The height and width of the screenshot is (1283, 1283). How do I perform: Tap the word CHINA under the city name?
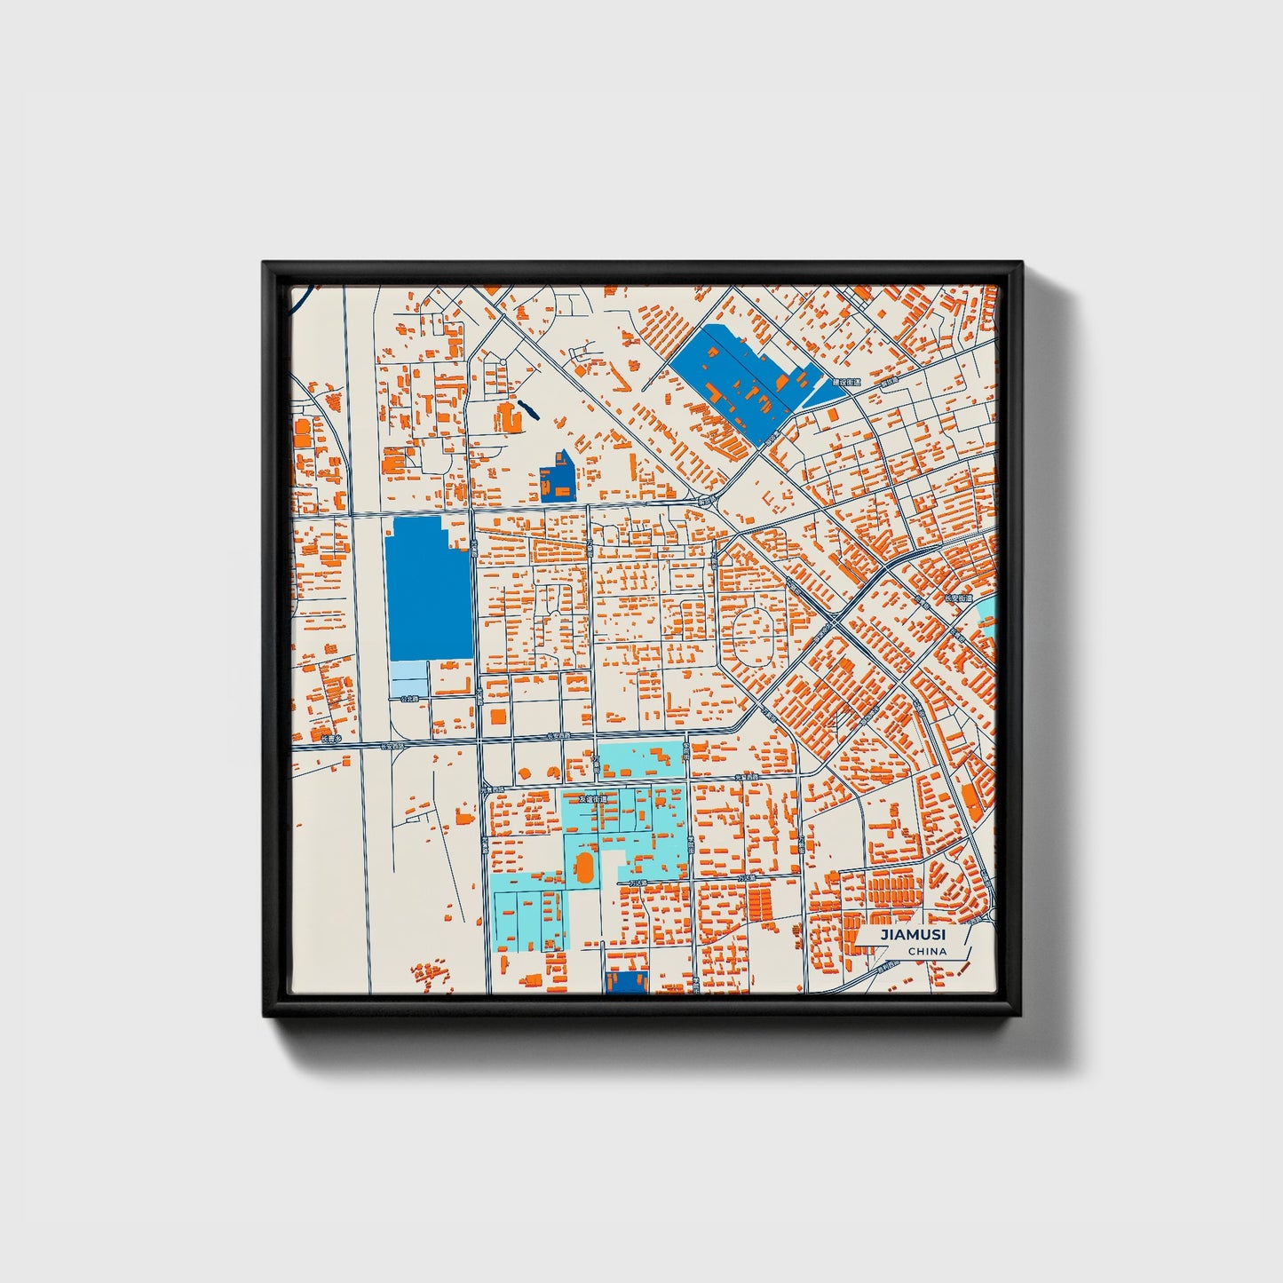[927, 952]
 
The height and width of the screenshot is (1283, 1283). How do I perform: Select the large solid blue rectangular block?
[428, 590]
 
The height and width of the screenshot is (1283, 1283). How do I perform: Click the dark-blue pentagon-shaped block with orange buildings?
[558, 477]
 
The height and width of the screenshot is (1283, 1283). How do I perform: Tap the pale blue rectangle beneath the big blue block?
[409, 679]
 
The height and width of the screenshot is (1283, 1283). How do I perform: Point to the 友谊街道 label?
[593, 799]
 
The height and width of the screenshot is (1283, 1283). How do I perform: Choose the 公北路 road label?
[408, 700]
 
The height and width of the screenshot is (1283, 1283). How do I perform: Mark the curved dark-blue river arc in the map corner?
[300, 299]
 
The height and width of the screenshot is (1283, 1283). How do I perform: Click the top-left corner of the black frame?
[265, 264]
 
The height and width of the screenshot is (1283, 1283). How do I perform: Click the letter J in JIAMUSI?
[883, 935]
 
